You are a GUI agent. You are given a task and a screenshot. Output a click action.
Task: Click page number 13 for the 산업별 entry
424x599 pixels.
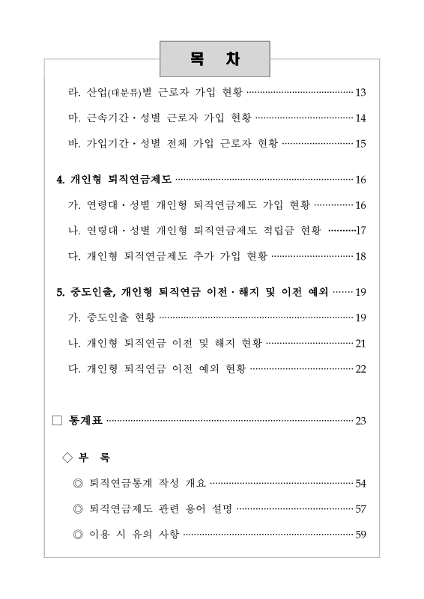pos(360,93)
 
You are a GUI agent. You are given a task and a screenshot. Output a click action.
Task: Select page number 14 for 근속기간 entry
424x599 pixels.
pos(360,118)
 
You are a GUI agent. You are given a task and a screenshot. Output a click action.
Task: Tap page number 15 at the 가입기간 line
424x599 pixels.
pos(360,144)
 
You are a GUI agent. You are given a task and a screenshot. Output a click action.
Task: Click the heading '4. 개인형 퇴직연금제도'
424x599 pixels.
pos(115,180)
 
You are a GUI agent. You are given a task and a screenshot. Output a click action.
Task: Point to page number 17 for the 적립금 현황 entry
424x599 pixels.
pos(360,231)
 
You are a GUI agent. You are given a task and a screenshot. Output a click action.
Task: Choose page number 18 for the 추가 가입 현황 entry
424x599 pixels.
pos(360,256)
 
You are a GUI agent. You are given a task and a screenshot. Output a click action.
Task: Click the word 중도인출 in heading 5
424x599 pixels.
pos(91,292)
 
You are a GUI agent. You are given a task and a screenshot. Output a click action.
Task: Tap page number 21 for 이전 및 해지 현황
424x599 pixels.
pos(360,343)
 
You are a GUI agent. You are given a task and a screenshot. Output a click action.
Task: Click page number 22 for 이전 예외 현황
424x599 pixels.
pos(360,368)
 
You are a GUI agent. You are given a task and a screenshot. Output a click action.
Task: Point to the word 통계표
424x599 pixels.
pos(86,420)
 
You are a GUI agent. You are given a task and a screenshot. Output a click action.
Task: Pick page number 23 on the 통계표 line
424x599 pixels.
pos(360,420)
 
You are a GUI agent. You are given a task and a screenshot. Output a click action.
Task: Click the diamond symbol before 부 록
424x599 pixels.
pos(68,457)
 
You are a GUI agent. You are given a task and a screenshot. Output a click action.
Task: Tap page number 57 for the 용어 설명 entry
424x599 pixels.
pos(360,509)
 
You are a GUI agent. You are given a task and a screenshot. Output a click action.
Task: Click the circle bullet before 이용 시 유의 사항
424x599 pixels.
pos(78,535)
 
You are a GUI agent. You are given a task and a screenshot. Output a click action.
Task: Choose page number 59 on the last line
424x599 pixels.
pos(360,535)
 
